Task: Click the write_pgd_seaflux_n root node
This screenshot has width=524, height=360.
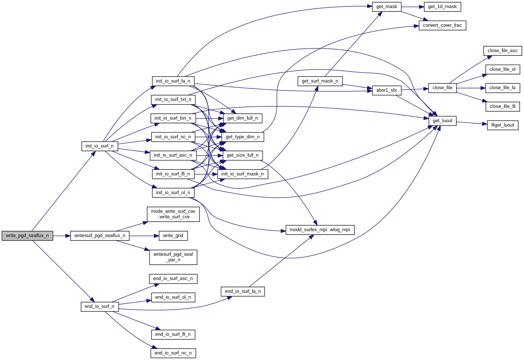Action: [x=27, y=236]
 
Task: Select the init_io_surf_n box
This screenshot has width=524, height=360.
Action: [x=100, y=146]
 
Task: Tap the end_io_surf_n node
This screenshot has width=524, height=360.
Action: [x=100, y=306]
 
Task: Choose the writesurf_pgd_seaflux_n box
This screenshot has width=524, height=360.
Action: [x=100, y=236]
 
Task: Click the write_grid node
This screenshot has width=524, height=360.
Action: [x=173, y=236]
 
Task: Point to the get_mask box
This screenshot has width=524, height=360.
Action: [x=387, y=7]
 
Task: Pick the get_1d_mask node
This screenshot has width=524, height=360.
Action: [x=442, y=7]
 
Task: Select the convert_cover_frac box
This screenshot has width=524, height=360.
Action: [x=442, y=25]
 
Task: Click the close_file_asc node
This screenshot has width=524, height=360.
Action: [x=502, y=51]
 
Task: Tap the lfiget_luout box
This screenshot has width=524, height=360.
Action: [x=502, y=125]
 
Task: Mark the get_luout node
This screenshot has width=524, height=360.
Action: [x=442, y=121]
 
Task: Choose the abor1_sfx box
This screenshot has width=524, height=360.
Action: [x=386, y=90]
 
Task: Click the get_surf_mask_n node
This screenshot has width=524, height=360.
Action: [x=320, y=81]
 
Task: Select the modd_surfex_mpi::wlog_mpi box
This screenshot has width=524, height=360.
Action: [x=320, y=230]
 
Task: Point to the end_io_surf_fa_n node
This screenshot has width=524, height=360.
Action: [x=243, y=291]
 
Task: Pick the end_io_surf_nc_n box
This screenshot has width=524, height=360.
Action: [x=173, y=353]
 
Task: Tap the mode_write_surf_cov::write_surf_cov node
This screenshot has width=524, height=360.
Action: [x=173, y=214]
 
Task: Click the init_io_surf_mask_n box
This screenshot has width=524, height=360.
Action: [x=242, y=174]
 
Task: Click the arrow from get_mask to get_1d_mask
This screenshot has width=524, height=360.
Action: [x=412, y=7]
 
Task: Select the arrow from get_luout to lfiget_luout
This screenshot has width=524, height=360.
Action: [x=472, y=123]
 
